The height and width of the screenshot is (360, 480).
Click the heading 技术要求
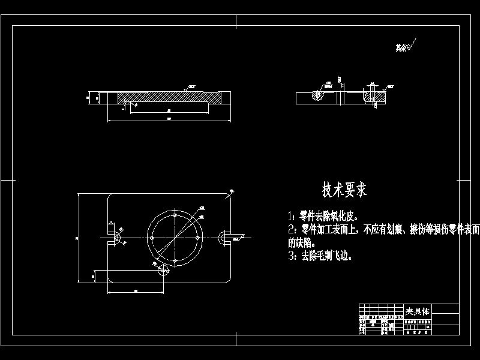pyautogui.click(x=344, y=190)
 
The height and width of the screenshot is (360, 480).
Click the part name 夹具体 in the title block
pyautogui.click(x=418, y=311)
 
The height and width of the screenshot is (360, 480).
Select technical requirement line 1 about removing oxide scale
pyautogui.click(x=323, y=215)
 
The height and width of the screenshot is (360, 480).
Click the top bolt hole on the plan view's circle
pyautogui.click(x=174, y=211)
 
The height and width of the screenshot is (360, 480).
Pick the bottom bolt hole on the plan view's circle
pyautogui.click(x=174, y=261)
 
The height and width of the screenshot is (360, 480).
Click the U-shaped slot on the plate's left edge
pyautogui.click(x=113, y=238)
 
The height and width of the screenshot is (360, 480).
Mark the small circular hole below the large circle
pyautogui.click(x=163, y=271)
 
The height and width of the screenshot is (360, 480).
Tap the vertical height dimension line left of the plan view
pyautogui.click(x=79, y=238)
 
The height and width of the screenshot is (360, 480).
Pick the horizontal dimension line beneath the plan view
pyautogui.click(x=135, y=293)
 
